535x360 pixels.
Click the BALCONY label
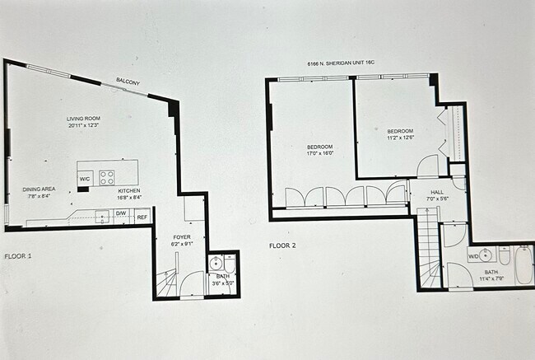coord(128,81)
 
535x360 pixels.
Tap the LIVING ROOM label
coord(82,119)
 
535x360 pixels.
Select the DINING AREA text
coord(39,189)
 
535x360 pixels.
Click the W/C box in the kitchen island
coord(85,179)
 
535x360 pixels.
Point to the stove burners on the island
coord(107,175)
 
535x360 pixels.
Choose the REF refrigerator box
coord(142,217)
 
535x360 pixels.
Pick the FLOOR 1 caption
coord(18,257)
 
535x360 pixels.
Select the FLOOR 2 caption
coord(282,245)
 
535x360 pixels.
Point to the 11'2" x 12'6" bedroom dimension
coord(400,138)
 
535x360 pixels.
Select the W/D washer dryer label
coord(474,257)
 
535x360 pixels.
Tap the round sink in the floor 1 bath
coord(216,264)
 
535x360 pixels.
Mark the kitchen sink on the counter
coord(101,216)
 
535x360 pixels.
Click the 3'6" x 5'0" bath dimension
coord(223,283)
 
